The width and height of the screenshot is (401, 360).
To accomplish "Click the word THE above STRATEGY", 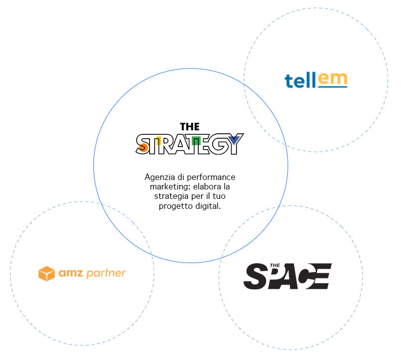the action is (189, 127).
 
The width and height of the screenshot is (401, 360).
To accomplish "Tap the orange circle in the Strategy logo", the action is (143, 148).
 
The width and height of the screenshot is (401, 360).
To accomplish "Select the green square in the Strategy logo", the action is (196, 141).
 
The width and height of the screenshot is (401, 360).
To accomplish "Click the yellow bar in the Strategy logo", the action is (159, 141).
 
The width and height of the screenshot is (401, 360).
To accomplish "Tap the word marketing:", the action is (170, 187).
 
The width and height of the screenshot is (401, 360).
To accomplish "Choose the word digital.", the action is (208, 206).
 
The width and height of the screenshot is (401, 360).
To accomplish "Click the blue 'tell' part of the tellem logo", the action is (300, 81).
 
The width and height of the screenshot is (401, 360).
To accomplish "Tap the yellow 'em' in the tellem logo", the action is (332, 78).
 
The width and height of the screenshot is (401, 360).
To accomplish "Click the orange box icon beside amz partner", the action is (47, 273).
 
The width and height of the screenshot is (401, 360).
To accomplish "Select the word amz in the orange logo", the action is (71, 273).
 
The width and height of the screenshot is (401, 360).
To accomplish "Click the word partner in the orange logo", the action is (106, 273).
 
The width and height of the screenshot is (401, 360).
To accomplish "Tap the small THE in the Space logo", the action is (275, 266).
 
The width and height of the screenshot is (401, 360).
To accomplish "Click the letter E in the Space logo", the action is (321, 276).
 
